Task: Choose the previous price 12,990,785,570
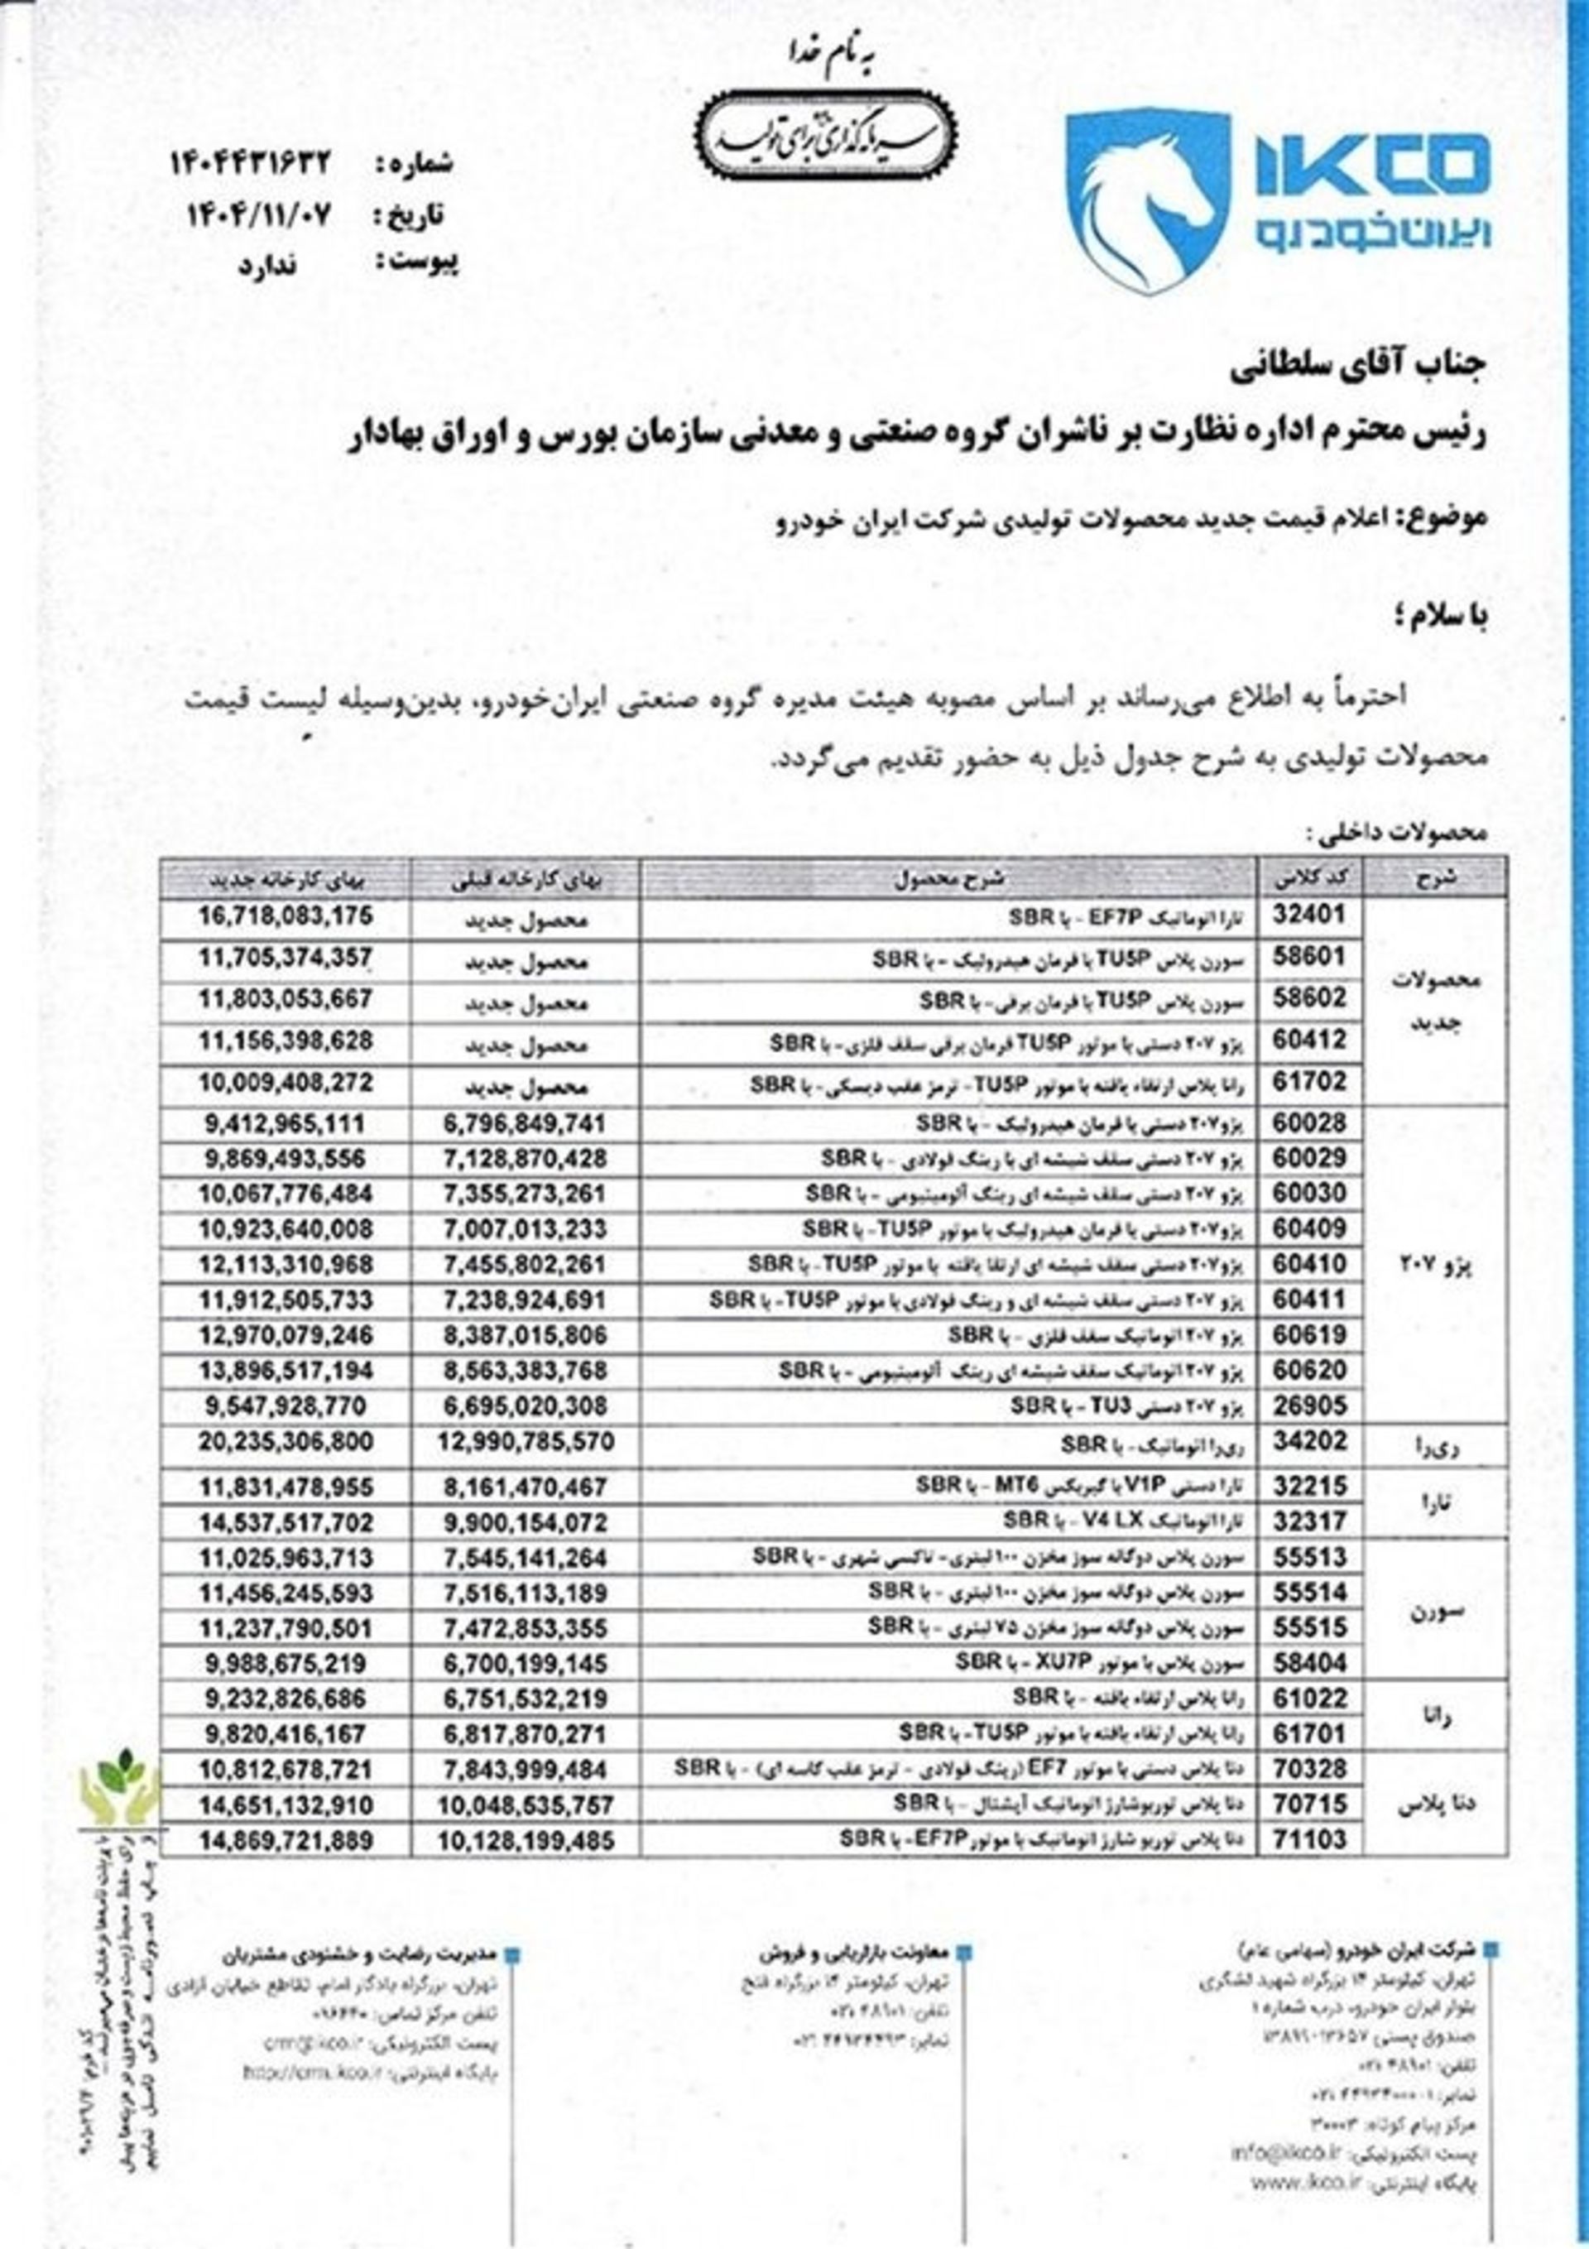[529, 1442]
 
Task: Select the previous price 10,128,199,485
[529, 1815]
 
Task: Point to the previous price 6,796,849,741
[529, 1122]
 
